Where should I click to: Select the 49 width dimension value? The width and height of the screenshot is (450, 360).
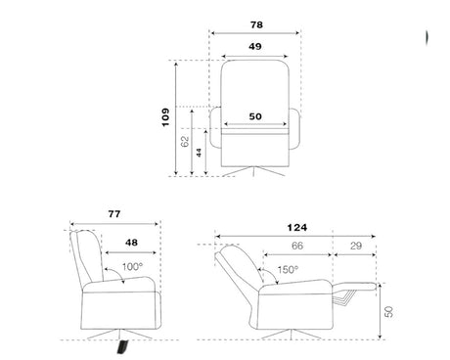[255, 46]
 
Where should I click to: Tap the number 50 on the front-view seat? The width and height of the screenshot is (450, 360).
[255, 116]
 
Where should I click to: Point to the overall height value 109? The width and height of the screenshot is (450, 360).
[166, 117]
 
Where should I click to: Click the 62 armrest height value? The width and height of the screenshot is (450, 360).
[186, 142]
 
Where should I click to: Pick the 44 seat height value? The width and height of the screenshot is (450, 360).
[201, 153]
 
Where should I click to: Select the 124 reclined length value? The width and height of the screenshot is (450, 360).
[295, 227]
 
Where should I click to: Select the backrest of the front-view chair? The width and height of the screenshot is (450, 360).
[255, 83]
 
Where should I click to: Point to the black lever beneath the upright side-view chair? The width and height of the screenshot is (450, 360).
[121, 346]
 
